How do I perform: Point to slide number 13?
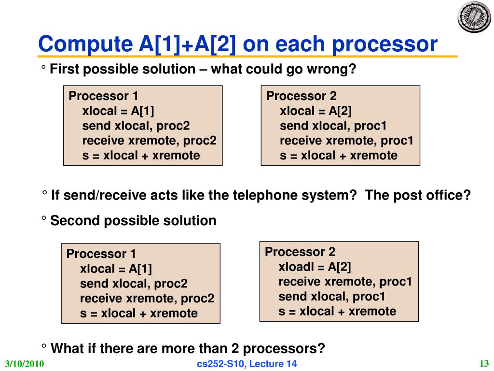(x=484, y=363)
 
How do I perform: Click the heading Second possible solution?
(x=134, y=221)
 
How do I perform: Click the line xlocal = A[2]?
(x=316, y=111)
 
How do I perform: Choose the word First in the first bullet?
(x=64, y=70)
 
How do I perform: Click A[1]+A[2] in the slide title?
(x=185, y=45)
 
